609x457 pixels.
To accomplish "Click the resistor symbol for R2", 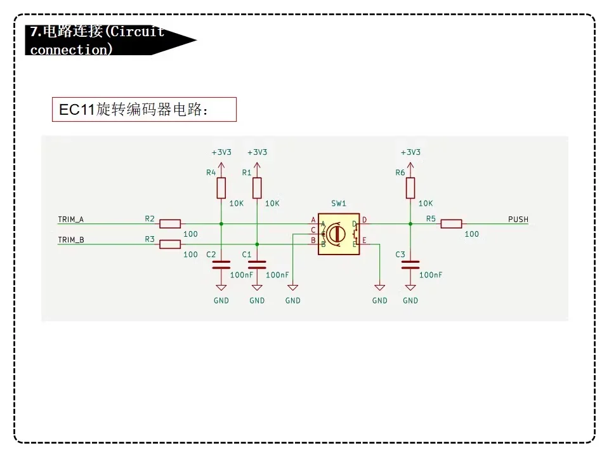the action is [170, 224].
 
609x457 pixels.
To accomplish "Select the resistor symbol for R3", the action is [170, 244].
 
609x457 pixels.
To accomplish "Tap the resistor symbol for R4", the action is [221, 188].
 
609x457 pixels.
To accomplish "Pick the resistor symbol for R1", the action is [257, 188].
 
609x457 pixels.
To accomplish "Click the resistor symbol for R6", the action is [410, 188].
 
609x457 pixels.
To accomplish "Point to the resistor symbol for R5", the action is [451, 224].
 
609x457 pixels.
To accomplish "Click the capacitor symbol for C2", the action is [221, 265].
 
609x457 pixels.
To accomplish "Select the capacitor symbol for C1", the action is [257, 265].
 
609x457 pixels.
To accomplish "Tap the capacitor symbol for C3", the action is [410, 265].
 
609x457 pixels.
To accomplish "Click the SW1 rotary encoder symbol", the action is [339, 234].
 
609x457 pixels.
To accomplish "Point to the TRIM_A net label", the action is [70, 220].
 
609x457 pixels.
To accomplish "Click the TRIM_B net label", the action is [70, 240].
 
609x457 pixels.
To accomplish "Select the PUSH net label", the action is [518, 220].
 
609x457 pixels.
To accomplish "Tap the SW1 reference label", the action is [338, 203].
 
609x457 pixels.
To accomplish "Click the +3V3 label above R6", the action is [410, 152].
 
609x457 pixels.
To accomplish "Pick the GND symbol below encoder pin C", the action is [293, 288].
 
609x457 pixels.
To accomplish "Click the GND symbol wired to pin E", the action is [379, 288].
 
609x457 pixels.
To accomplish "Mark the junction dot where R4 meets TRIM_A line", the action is [221, 224].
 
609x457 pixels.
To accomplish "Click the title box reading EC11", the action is [144, 110].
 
